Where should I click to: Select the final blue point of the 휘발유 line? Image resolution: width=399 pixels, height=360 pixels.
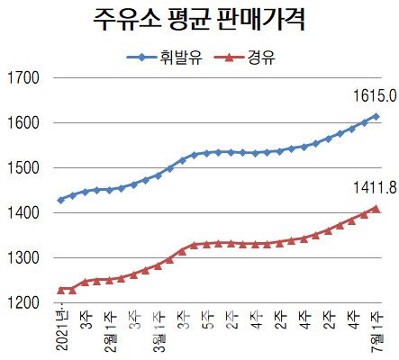pyautogui.click(x=376, y=117)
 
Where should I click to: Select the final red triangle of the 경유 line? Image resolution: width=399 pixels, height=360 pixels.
pyautogui.click(x=376, y=209)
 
